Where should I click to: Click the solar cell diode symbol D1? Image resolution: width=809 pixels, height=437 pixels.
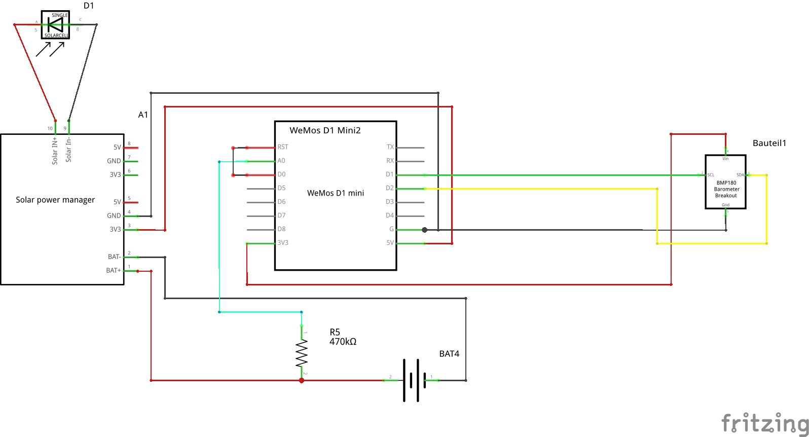click(55, 24)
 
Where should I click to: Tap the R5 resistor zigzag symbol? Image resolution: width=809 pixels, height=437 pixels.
click(302, 353)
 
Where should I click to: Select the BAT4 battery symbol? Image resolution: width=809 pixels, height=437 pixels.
click(411, 380)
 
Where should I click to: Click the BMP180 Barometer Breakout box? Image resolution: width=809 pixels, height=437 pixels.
click(725, 182)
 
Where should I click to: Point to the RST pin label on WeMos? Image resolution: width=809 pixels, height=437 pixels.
click(283, 147)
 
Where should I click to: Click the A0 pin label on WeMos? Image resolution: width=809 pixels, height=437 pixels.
click(281, 161)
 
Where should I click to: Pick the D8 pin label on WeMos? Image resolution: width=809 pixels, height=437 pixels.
click(281, 229)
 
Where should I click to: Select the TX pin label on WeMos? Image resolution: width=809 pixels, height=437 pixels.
click(390, 147)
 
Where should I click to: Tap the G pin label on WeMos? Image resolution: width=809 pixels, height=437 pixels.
click(391, 229)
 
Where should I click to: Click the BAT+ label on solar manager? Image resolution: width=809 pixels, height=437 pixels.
click(114, 271)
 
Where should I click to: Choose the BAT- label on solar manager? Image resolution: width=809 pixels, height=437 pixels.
click(114, 257)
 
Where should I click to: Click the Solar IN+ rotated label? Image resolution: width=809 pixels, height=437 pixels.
click(55, 151)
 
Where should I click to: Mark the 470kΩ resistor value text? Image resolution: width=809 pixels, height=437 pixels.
click(343, 342)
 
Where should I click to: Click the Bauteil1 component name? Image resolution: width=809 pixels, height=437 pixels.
click(769, 143)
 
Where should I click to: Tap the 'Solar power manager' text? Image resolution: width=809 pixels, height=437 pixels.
click(55, 200)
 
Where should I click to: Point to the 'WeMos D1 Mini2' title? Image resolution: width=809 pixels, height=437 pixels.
click(325, 130)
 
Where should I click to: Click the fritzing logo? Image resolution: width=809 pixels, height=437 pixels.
click(764, 422)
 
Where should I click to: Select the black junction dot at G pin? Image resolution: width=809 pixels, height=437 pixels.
click(425, 230)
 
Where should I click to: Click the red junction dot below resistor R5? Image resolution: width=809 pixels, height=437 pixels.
click(302, 380)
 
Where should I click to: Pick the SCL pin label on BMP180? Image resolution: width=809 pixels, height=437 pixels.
click(711, 175)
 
